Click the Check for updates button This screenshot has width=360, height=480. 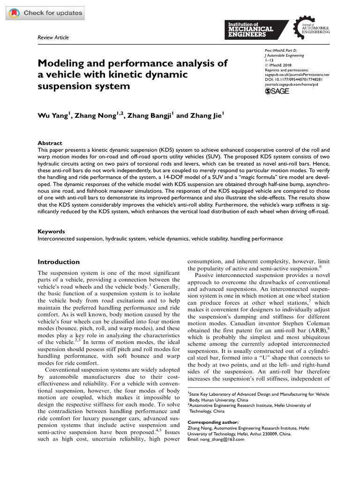click(x=45, y=13)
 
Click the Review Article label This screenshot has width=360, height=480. click(x=53, y=37)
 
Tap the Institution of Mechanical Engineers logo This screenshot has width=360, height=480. click(x=257, y=30)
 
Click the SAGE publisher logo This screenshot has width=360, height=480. click(x=277, y=91)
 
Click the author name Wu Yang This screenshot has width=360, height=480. click(x=54, y=115)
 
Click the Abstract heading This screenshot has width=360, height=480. click(x=50, y=143)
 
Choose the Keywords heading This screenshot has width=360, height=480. click(x=51, y=232)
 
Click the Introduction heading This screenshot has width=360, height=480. click(x=59, y=262)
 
